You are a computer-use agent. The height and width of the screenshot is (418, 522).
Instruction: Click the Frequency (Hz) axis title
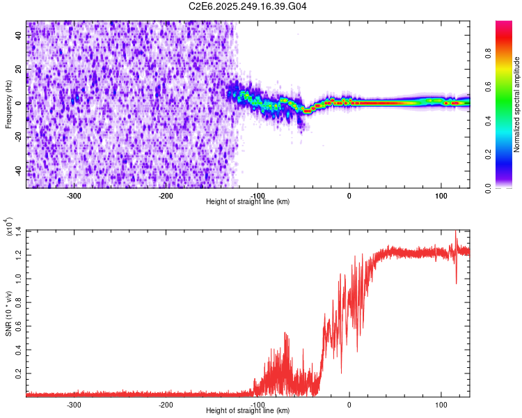tap(8, 104)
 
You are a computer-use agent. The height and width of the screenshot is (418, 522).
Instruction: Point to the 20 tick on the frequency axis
tap(19, 70)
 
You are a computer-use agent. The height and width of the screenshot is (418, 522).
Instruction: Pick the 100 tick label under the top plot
tap(441, 196)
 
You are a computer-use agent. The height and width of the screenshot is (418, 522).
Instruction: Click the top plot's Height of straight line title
tap(248, 202)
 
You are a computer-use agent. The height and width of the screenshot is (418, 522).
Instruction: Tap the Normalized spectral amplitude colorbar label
tap(516, 104)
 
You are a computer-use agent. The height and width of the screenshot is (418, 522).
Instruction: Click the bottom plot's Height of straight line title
tap(248, 411)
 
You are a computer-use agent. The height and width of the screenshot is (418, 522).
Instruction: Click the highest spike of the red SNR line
tap(456, 231)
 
